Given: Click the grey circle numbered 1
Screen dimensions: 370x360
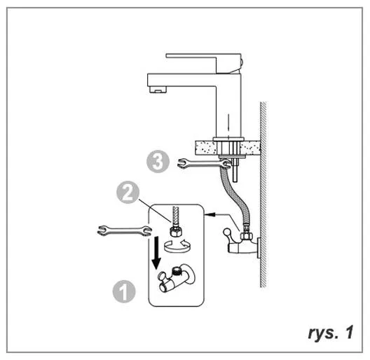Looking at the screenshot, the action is point(124,291).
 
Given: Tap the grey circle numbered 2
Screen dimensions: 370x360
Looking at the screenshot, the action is point(128,193).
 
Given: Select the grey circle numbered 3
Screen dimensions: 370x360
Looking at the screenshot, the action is point(158,162).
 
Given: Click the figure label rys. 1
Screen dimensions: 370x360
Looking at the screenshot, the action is point(331,333).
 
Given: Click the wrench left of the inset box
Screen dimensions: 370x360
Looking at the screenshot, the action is point(124,230).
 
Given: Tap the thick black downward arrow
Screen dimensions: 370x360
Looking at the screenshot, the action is point(156,253).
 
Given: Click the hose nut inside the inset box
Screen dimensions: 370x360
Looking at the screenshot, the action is point(175,232).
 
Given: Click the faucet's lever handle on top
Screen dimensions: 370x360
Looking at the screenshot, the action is point(204,63).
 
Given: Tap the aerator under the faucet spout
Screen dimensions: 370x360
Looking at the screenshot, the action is point(158,90).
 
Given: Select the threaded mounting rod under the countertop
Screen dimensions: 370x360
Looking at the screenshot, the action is point(235,170).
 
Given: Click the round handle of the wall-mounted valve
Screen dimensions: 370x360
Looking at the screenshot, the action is point(228,232).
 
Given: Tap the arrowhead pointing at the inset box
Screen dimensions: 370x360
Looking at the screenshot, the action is point(210,214).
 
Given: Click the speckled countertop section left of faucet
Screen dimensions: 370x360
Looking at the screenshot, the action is point(205,148).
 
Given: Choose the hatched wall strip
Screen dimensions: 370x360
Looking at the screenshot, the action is point(263,195).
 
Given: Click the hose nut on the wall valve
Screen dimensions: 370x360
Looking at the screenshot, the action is point(247,235).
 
